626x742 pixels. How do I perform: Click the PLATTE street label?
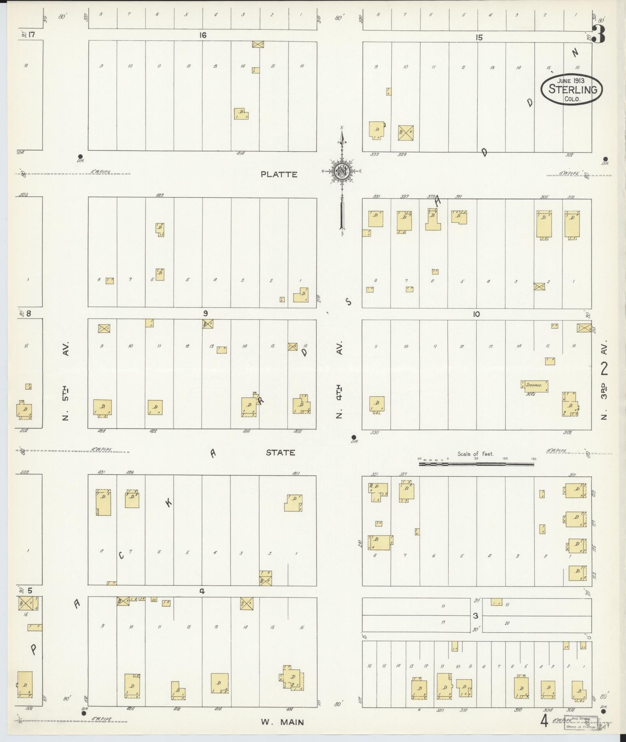pyautogui.click(x=279, y=175)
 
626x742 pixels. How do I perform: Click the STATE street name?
pyautogui.click(x=280, y=453)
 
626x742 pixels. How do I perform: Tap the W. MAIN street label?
pyautogui.click(x=282, y=722)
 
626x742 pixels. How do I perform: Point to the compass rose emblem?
pyautogui.click(x=342, y=171)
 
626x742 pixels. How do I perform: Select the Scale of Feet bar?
pyautogui.click(x=476, y=464)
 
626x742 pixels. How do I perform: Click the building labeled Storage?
pyautogui.click(x=534, y=386)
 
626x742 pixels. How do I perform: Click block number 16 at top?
pyautogui.click(x=203, y=35)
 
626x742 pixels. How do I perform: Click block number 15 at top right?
pyautogui.click(x=480, y=38)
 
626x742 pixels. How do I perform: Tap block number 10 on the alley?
pyautogui.click(x=476, y=314)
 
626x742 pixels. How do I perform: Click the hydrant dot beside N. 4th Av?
pyautogui.click(x=353, y=437)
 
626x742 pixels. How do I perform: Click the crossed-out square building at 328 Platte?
pyautogui.click(x=406, y=133)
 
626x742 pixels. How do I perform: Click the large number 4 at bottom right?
pyautogui.click(x=545, y=721)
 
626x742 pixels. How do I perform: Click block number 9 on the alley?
pyautogui.click(x=205, y=313)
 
